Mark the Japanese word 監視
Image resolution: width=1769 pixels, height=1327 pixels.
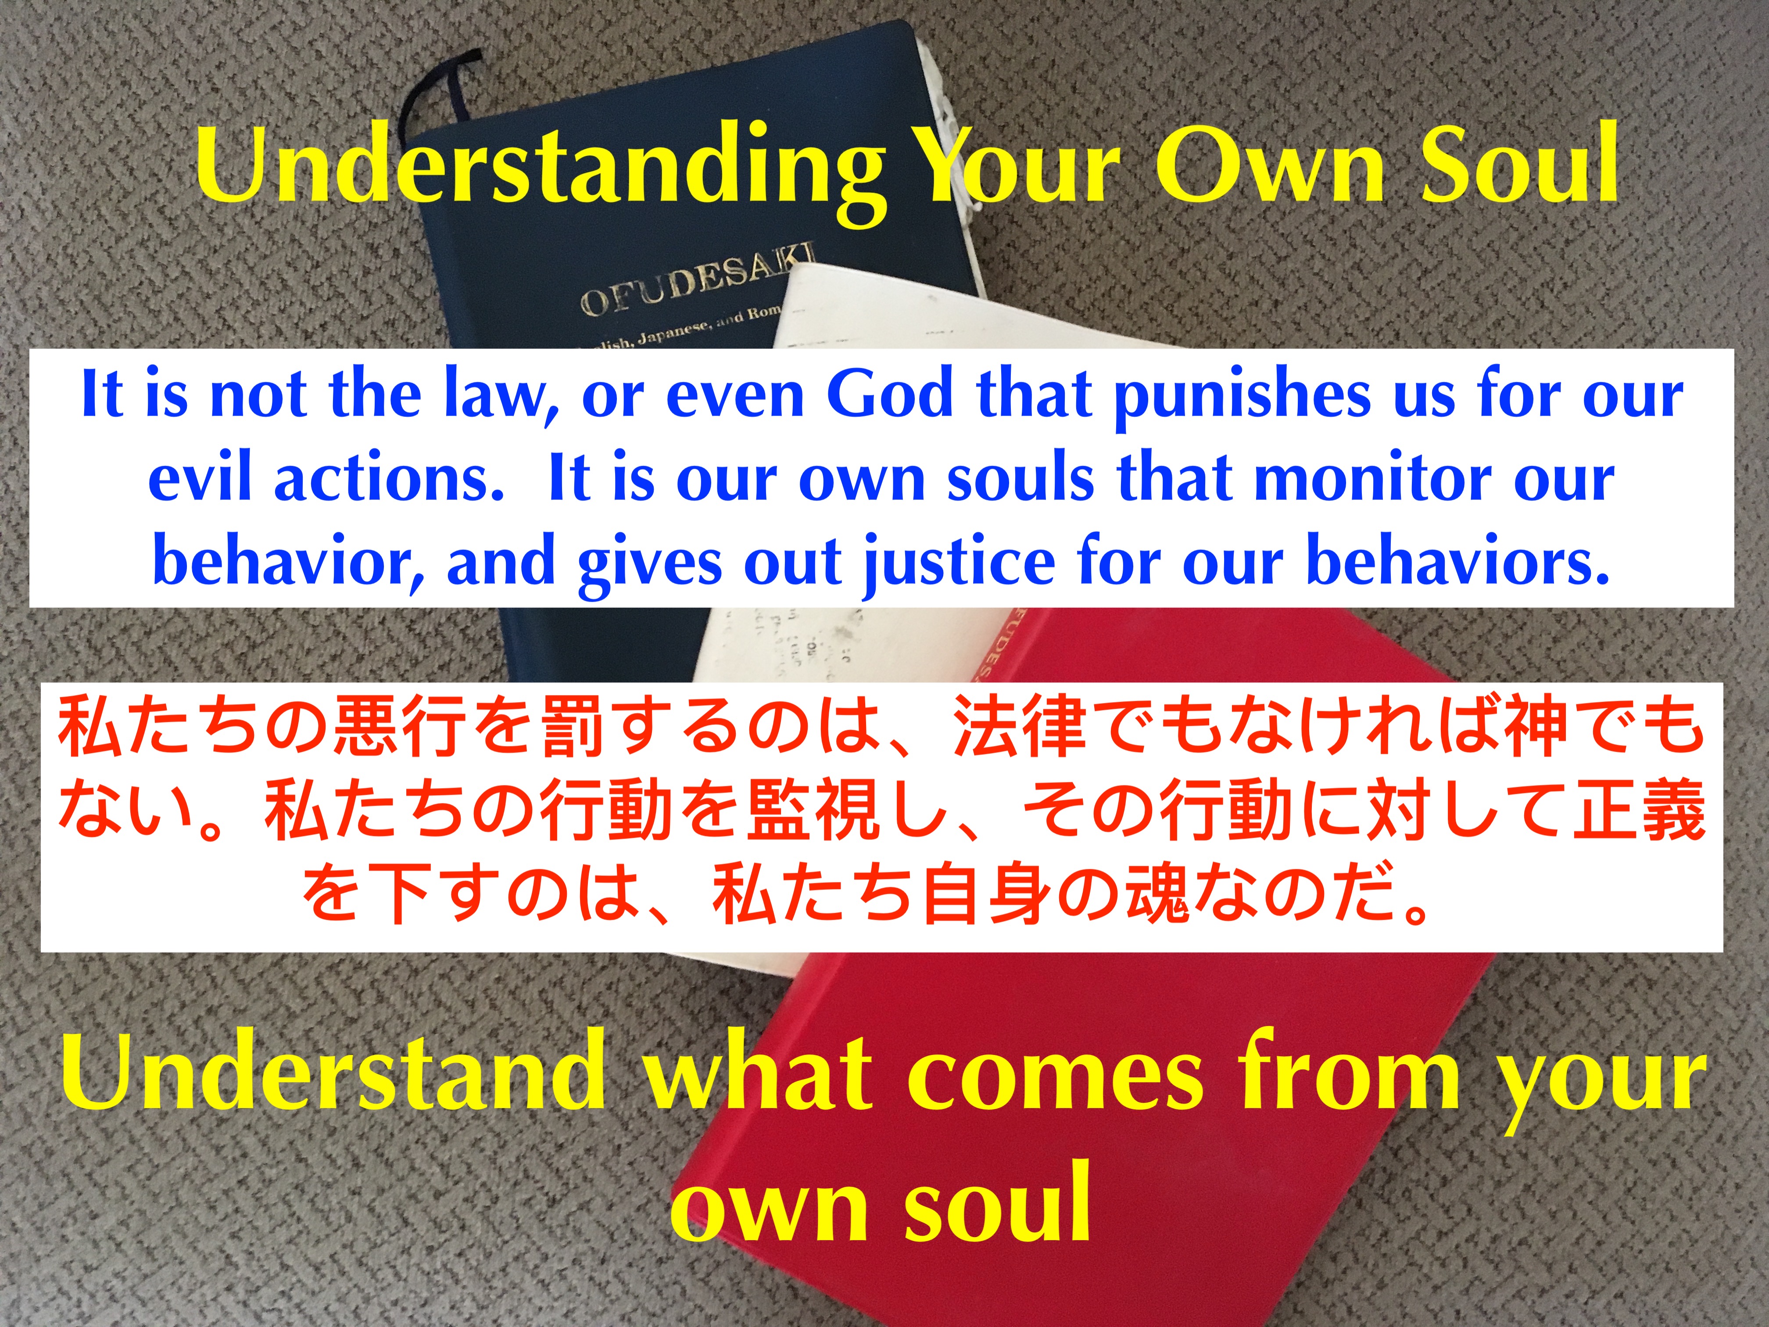point(812,810)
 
